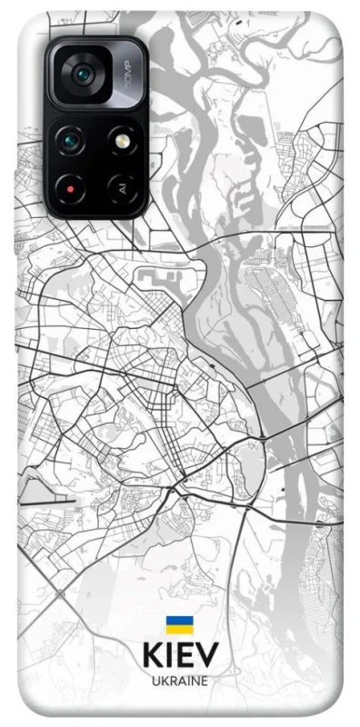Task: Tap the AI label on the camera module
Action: click(x=120, y=189)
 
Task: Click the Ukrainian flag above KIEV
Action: click(x=179, y=624)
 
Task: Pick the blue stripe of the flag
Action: click(x=179, y=621)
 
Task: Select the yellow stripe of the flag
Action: click(x=179, y=628)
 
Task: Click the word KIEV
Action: click(x=179, y=656)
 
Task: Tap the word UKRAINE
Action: click(x=179, y=680)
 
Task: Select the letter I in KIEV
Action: click(x=169, y=656)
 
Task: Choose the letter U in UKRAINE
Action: click(x=155, y=680)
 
